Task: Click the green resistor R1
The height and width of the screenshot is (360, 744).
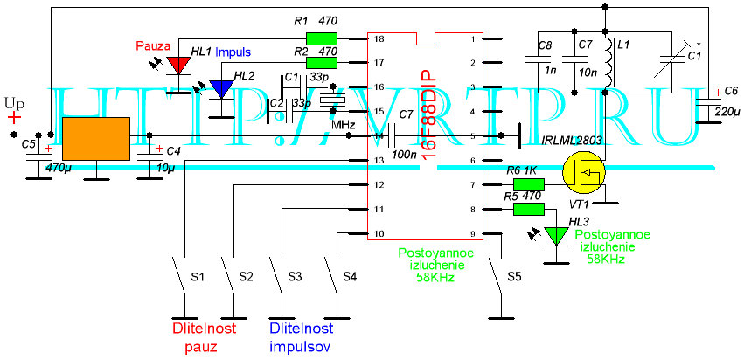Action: pyautogui.click(x=322, y=39)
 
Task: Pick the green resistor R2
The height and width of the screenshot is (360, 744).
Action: pyautogui.click(x=322, y=63)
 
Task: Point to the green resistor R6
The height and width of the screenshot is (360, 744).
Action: pyautogui.click(x=528, y=184)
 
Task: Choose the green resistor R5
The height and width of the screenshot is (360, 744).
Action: pyautogui.click(x=528, y=209)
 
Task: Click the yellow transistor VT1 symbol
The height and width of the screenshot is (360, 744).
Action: pyautogui.click(x=582, y=172)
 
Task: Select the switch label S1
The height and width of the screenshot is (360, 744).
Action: pyautogui.click(x=198, y=277)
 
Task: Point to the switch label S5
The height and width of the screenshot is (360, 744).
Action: pyautogui.click(x=514, y=277)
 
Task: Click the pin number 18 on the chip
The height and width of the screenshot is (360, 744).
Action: pyautogui.click(x=379, y=39)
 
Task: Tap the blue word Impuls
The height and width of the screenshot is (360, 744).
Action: pyautogui.click(x=233, y=52)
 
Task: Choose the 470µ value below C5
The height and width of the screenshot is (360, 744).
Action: pyautogui.click(x=57, y=166)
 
